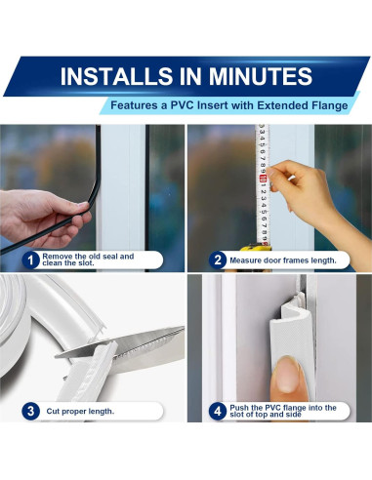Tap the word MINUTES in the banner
[x=261, y=76]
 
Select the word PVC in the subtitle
[x=183, y=105]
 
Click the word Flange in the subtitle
[x=330, y=105]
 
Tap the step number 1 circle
[x=30, y=260]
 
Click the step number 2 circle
[x=218, y=260]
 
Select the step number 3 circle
[x=30, y=411]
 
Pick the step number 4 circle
[x=218, y=411]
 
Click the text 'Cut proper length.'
[x=80, y=412]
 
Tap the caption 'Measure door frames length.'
[x=283, y=260]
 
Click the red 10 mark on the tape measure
[x=263, y=179]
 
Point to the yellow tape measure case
[x=256, y=248]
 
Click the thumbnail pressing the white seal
[x=286, y=374]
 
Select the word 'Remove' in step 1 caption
[x=56, y=257]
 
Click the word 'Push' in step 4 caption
[x=239, y=408]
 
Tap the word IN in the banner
[x=191, y=76]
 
